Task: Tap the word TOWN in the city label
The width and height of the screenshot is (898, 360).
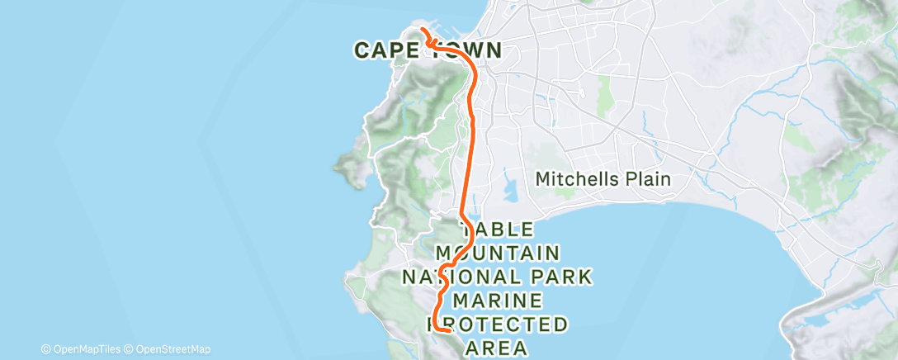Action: [x=464, y=50]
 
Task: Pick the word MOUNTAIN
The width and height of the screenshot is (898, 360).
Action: [x=499, y=252]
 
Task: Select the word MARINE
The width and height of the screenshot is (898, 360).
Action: [x=498, y=299]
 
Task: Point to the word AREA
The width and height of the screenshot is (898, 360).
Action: [x=497, y=347]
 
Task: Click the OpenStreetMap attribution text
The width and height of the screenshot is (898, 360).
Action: [x=172, y=349]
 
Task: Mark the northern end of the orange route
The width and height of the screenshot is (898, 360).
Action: [x=423, y=31]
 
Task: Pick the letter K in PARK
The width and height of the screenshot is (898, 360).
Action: [x=585, y=276]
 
